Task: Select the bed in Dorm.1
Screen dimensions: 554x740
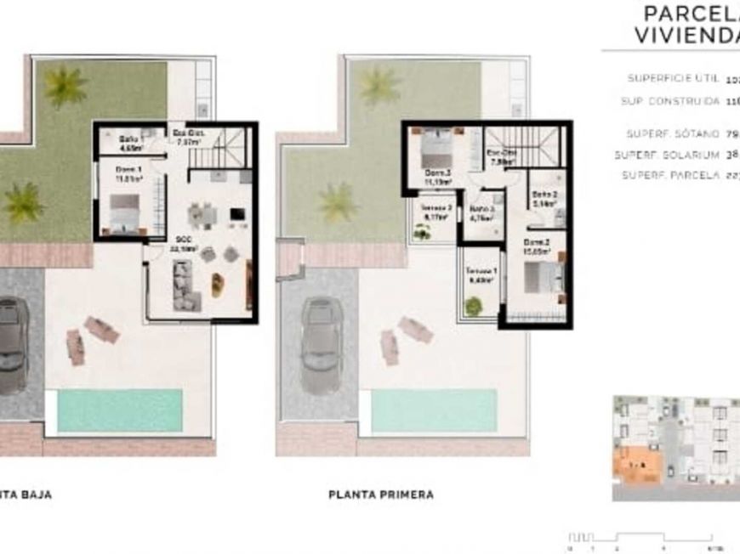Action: pos(125,212)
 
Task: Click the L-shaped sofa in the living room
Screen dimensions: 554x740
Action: pos(185,285)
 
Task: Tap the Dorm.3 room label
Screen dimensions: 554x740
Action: pos(437,176)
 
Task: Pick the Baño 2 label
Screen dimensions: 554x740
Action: pos(545,200)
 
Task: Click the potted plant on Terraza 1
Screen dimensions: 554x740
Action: pos(473,306)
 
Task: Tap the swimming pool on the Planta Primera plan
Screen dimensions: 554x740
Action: pos(434,411)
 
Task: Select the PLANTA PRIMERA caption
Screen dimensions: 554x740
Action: pos(380,494)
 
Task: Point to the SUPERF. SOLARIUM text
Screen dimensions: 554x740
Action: pos(666,155)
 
